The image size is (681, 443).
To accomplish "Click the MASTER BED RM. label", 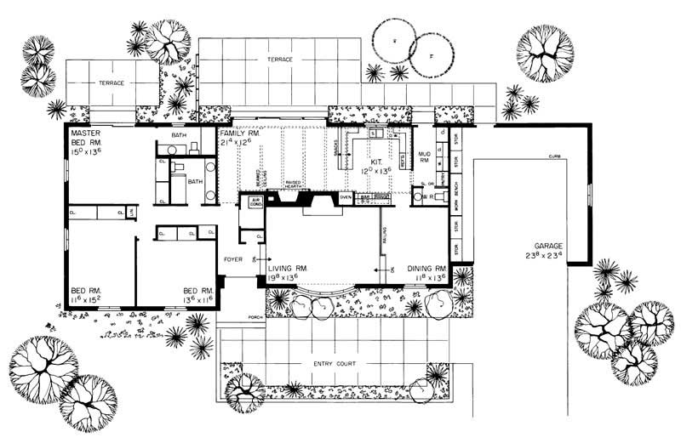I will point(86,139).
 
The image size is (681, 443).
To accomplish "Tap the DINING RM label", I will point(426,267).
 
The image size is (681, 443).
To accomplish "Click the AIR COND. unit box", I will point(255,201).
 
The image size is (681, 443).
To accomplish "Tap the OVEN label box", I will point(346,196).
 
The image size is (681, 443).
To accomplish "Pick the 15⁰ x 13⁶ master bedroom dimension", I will point(86,155).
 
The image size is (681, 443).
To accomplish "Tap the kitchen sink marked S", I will point(374,134).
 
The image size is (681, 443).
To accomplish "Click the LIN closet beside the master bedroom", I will point(130,211).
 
